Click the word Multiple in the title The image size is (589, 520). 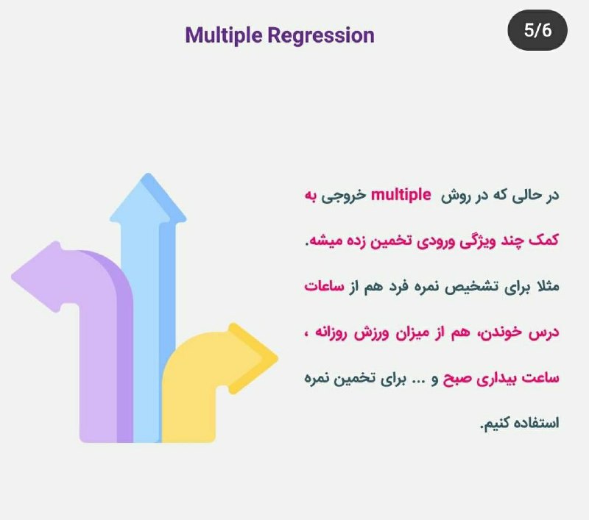(224, 36)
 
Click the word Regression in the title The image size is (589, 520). (321, 36)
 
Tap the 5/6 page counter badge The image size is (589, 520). (537, 30)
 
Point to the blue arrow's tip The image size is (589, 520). (148, 175)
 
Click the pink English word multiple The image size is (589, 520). (401, 195)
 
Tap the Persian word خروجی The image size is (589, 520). (343, 196)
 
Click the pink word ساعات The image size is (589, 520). (324, 287)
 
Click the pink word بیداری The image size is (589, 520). (496, 379)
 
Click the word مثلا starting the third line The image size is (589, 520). (549, 286)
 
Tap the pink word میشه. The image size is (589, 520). (320, 241)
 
